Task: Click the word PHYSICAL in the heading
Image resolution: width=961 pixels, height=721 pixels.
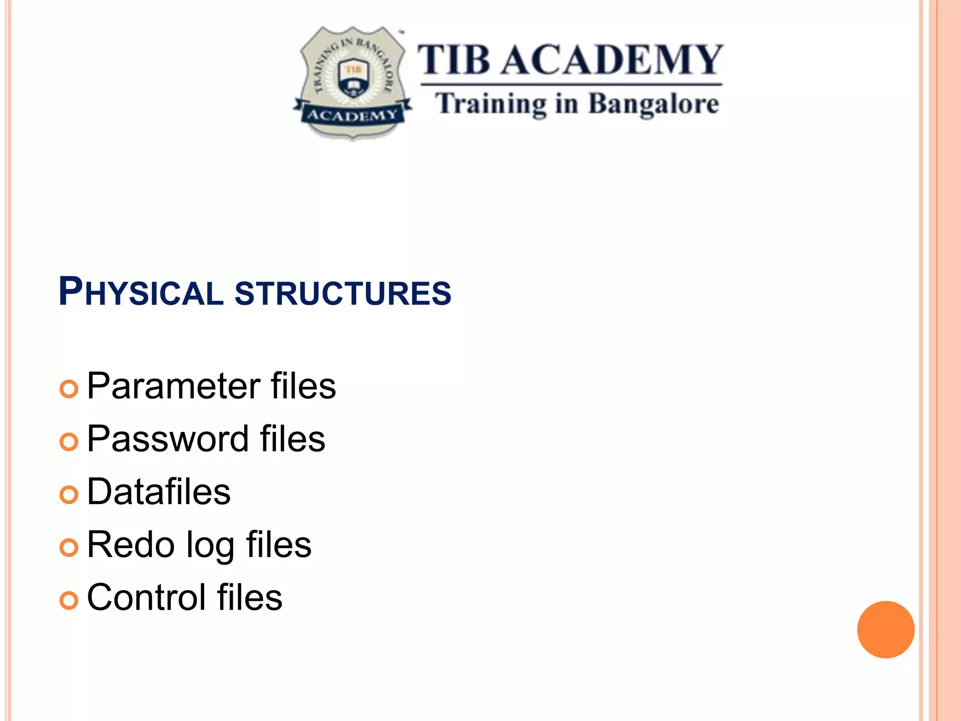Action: point(141,292)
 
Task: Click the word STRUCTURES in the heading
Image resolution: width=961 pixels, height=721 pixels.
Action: point(343,293)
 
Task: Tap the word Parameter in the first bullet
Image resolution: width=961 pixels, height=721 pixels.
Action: point(173,386)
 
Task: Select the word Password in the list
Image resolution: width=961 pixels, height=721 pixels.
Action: point(168,439)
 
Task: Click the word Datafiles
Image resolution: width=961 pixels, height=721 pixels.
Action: point(159,491)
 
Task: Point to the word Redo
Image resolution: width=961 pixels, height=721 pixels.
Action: point(130,545)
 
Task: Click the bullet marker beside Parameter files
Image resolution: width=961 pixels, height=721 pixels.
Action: point(69,389)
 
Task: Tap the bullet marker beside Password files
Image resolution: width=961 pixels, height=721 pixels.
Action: point(69,442)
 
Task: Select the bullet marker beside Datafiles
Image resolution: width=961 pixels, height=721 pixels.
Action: point(69,495)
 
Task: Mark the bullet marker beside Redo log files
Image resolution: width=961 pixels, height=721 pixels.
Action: point(69,547)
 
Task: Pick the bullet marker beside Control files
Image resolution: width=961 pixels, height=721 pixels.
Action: point(69,600)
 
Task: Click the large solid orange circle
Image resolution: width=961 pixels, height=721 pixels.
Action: point(885,629)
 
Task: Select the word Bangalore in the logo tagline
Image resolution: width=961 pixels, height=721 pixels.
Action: point(653,104)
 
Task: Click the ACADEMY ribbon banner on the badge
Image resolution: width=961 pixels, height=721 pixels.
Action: point(352,115)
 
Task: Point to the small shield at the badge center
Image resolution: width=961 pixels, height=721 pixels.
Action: point(353,78)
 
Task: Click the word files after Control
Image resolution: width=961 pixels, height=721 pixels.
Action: point(250,598)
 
